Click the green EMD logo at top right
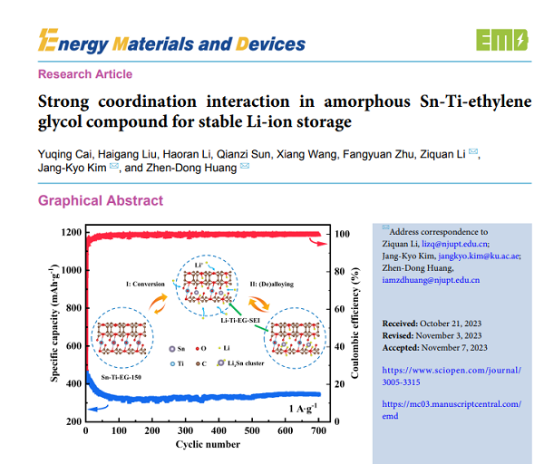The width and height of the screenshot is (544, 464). pos(500,40)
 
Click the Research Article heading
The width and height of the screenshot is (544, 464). pos(85,74)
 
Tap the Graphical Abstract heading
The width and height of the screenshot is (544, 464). pos(101,200)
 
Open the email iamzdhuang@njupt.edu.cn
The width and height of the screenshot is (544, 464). pos(431,280)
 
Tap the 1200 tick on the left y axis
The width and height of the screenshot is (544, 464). pos(70,233)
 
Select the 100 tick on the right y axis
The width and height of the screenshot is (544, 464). pos(342,233)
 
